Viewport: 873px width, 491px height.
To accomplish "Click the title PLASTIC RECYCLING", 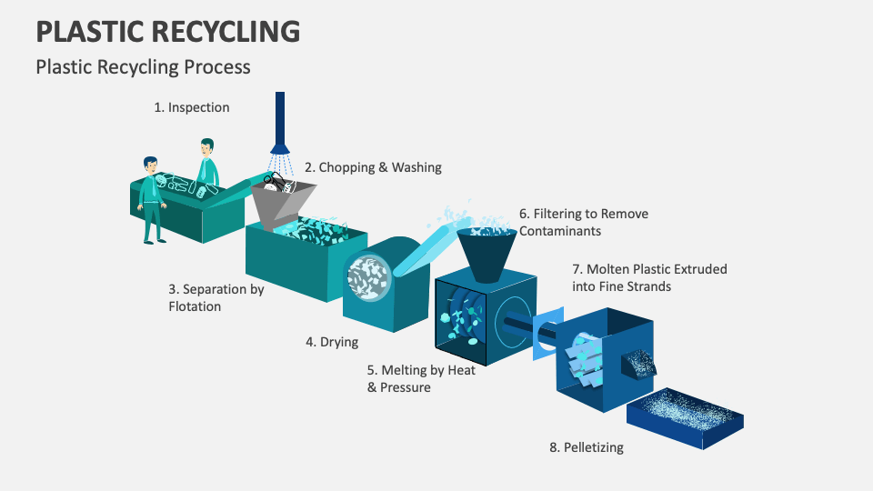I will tap(168, 31).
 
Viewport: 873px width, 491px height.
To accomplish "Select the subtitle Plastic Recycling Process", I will tap(143, 66).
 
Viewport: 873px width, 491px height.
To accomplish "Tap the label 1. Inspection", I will tap(191, 107).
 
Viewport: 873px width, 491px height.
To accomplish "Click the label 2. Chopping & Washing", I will tap(373, 167).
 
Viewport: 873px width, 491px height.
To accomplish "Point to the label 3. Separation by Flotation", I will tap(216, 297).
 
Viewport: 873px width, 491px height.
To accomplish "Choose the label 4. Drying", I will tap(332, 342).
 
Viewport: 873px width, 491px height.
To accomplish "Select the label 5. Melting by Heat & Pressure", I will tap(421, 378).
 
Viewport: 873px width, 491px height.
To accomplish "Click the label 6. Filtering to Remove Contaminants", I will tap(583, 223).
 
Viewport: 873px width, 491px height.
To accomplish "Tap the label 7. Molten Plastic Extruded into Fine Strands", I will tap(649, 277).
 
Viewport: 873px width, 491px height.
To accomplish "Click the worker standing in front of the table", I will tap(152, 200).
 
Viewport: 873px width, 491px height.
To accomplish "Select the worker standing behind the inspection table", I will tap(208, 159).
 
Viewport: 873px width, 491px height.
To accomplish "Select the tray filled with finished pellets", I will tap(684, 417).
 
